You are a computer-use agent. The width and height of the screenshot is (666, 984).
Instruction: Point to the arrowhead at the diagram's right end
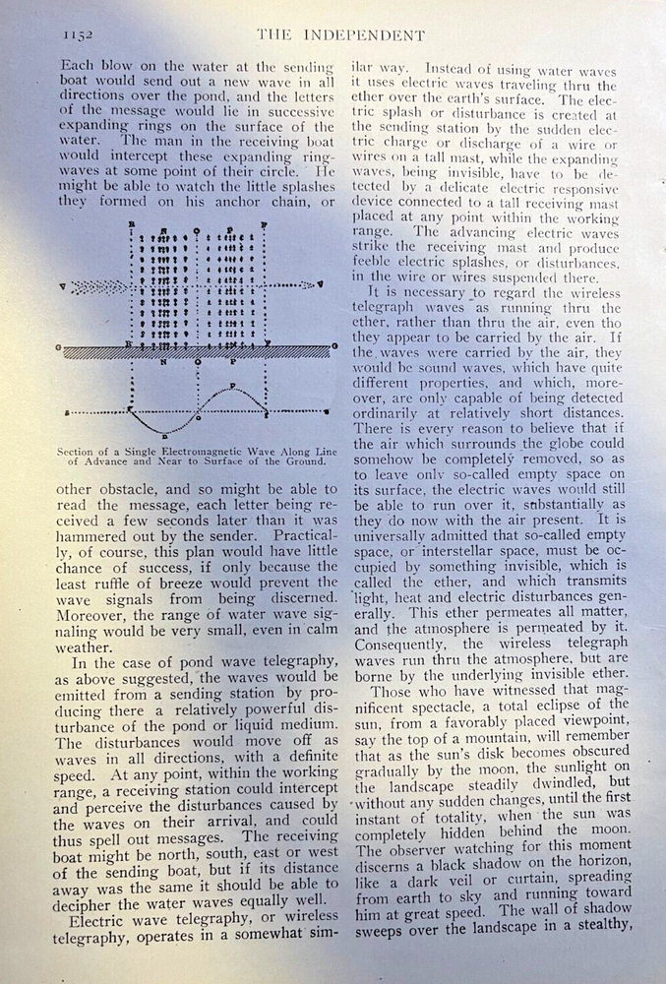317,285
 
